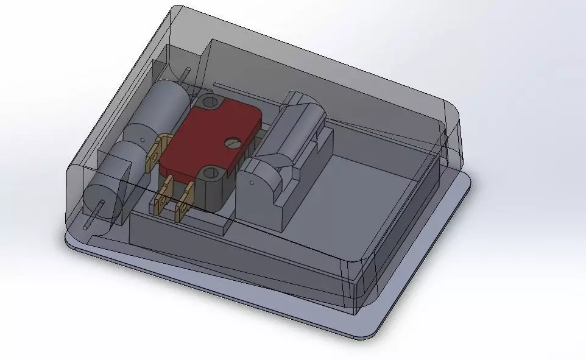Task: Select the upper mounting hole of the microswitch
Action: tap(211, 101)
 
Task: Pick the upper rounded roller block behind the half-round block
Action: tap(298, 122)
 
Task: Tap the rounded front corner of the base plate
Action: tap(359, 332)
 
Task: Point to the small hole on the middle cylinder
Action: tap(144, 139)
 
